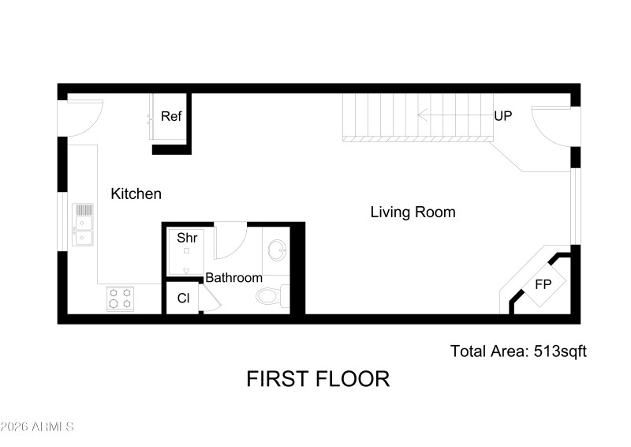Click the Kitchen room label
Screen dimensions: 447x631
[136, 193]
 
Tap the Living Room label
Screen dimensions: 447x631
[413, 212]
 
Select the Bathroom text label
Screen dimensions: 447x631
[233, 278]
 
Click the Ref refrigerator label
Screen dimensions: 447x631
[171, 116]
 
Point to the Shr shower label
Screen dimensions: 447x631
[186, 237]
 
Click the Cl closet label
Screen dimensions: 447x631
[183, 299]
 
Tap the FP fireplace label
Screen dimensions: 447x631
[543, 284]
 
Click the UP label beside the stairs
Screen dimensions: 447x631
[503, 116]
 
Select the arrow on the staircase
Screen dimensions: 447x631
[450, 116]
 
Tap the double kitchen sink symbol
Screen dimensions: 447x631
[84, 224]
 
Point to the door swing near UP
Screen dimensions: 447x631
[552, 126]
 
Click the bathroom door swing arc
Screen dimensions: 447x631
[231, 241]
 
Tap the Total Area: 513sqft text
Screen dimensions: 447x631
[518, 351]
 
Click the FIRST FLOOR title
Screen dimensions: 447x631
[318, 379]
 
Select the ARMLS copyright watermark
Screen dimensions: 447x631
[37, 427]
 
